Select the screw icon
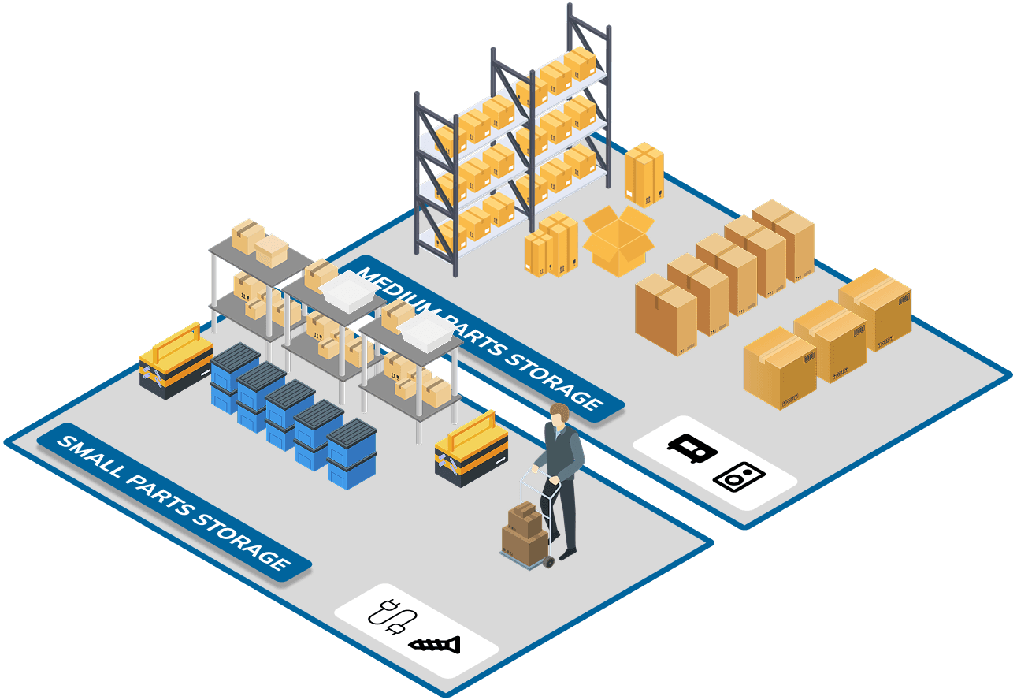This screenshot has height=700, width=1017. click(x=434, y=645)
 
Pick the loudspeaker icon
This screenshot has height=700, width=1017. click(x=739, y=476)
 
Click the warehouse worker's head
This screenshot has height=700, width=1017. click(x=559, y=415)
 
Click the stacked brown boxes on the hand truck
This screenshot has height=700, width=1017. click(x=524, y=531)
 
